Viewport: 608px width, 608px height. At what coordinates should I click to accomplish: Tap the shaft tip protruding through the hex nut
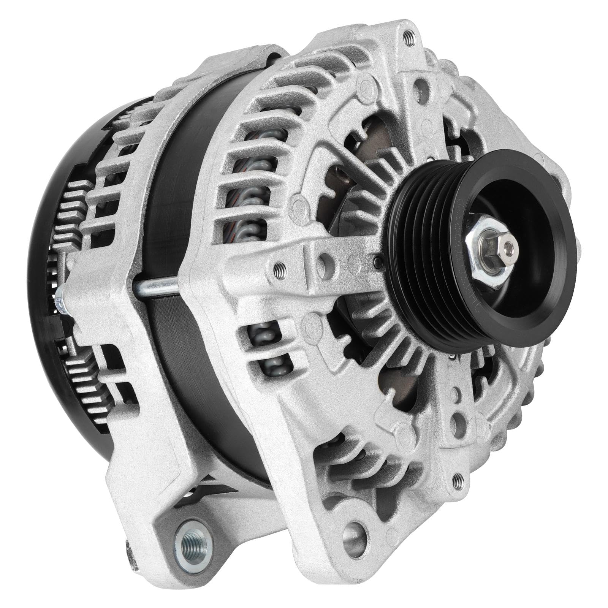(505, 248)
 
